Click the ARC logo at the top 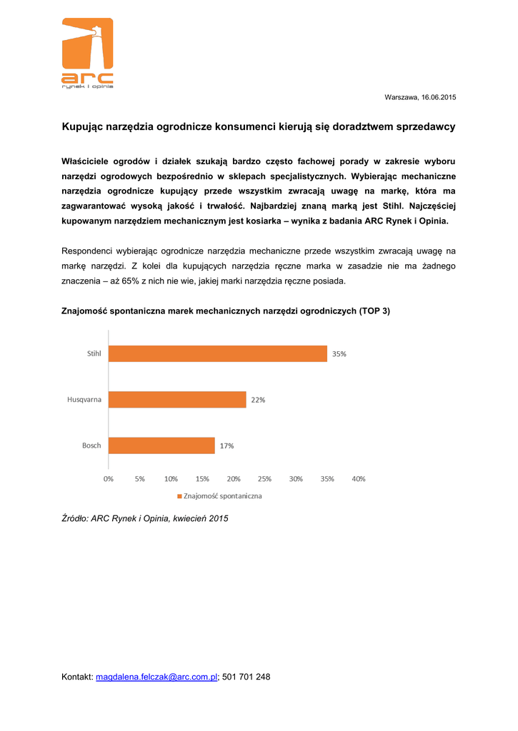pyautogui.click(x=87, y=54)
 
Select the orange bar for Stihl pyautogui.click(x=218, y=353)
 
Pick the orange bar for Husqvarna pyautogui.click(x=177, y=400)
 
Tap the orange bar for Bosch pyautogui.click(x=161, y=445)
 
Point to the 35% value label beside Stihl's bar pyautogui.click(x=339, y=353)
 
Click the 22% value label pyautogui.click(x=258, y=400)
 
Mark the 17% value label pyautogui.click(x=226, y=445)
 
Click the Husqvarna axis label pyautogui.click(x=84, y=400)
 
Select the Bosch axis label pyautogui.click(x=91, y=445)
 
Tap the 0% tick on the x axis pyautogui.click(x=109, y=478)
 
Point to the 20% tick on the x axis pyautogui.click(x=234, y=478)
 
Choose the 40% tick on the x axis pyautogui.click(x=358, y=478)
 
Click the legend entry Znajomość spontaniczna pyautogui.click(x=222, y=495)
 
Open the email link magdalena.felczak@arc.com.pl pyautogui.click(x=156, y=677)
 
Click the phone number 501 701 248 pyautogui.click(x=246, y=677)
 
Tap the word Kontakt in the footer pyautogui.click(x=77, y=677)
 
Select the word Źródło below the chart pyautogui.click(x=75, y=520)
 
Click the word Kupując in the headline pyautogui.click(x=82, y=126)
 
